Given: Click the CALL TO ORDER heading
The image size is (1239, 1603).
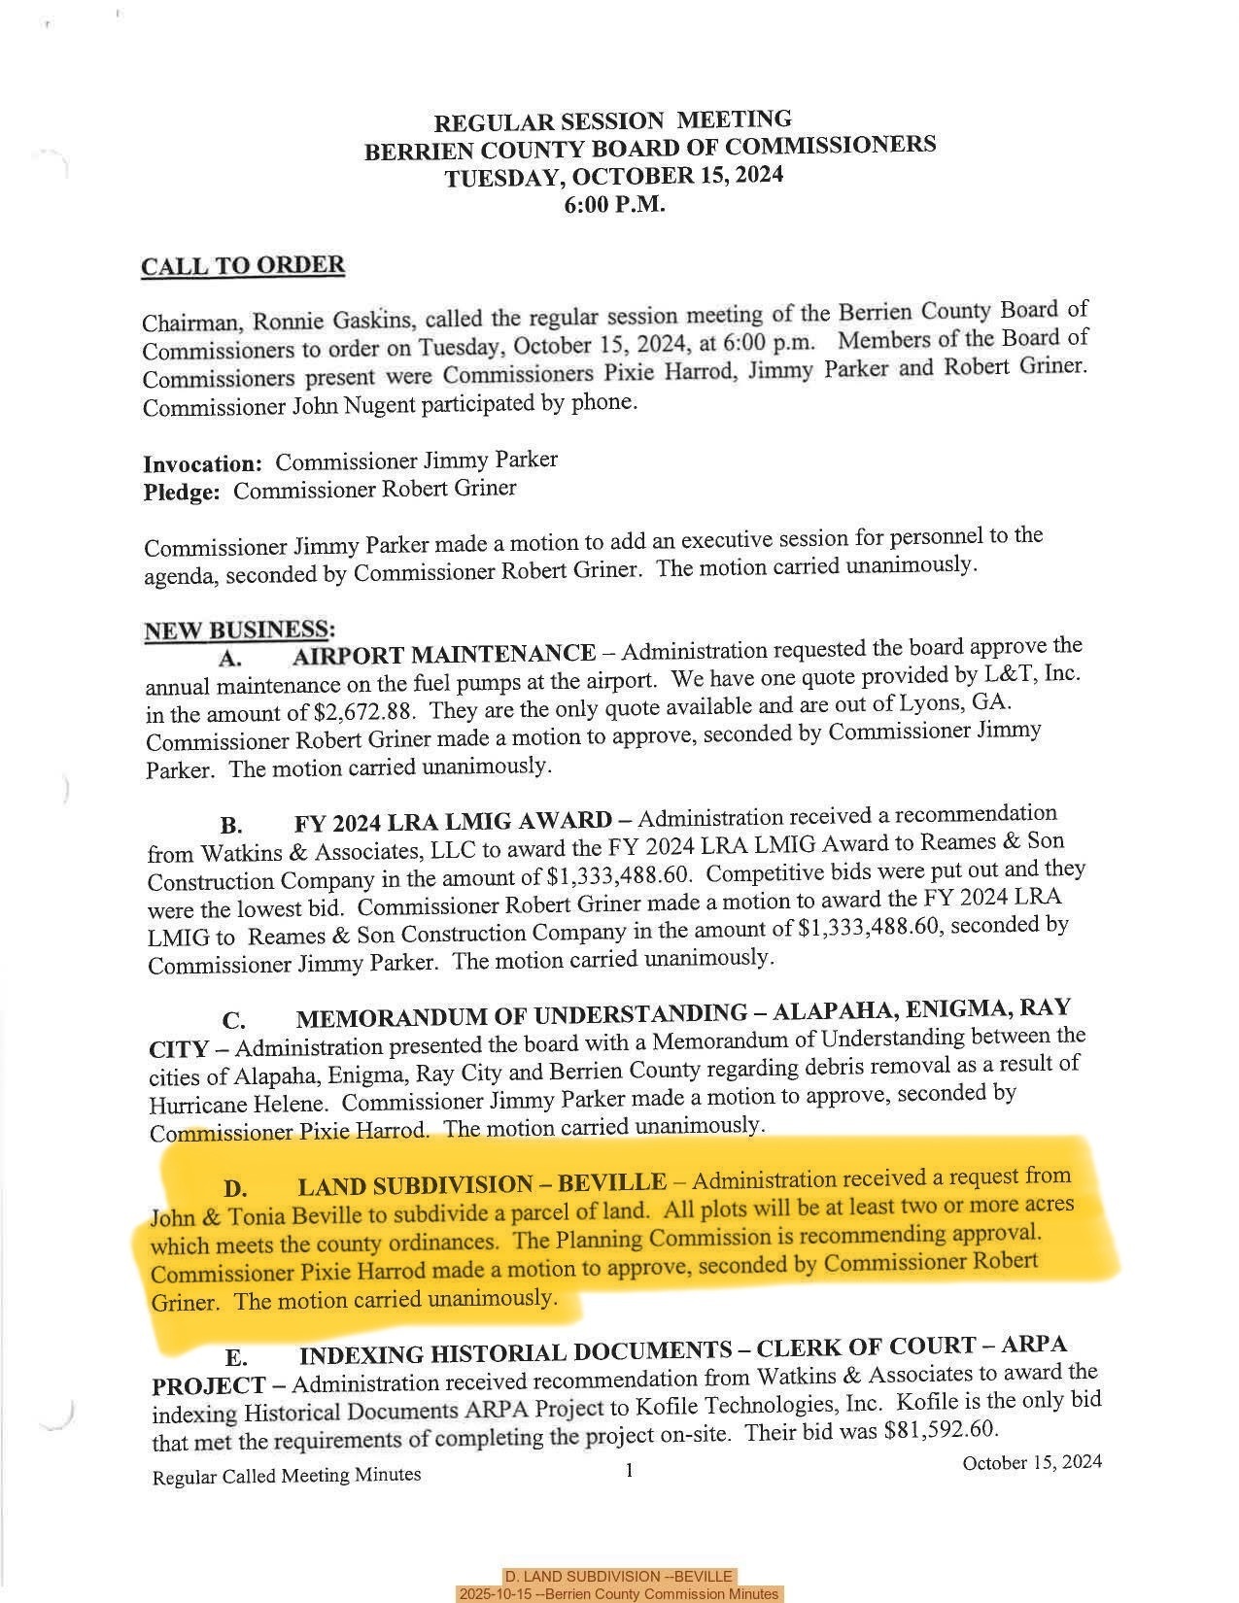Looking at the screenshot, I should pyautogui.click(x=243, y=266).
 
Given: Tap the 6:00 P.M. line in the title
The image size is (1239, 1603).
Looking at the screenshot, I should pyautogui.click(x=614, y=205).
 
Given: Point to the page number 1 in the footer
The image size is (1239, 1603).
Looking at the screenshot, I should pyautogui.click(x=630, y=1471).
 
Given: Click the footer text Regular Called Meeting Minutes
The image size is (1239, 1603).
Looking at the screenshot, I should pyautogui.click(x=287, y=1476).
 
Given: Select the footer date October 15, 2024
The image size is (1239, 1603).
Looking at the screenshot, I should pyautogui.click(x=1032, y=1462).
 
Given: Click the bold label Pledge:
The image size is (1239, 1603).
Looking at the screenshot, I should pyautogui.click(x=182, y=493).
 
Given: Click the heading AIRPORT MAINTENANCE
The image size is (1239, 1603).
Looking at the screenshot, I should pyautogui.click(x=444, y=654).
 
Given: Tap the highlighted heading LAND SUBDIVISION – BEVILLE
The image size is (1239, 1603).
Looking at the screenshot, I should pyautogui.click(x=482, y=1185).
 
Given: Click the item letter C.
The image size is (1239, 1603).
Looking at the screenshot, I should pyautogui.click(x=233, y=1021).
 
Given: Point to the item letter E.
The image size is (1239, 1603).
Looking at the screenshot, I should pyautogui.click(x=236, y=1357).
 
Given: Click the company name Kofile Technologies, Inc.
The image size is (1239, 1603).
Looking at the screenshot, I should pyautogui.click(x=762, y=1405).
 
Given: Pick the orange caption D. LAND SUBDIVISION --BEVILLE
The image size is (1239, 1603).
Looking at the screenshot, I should pyautogui.click(x=619, y=1576).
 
